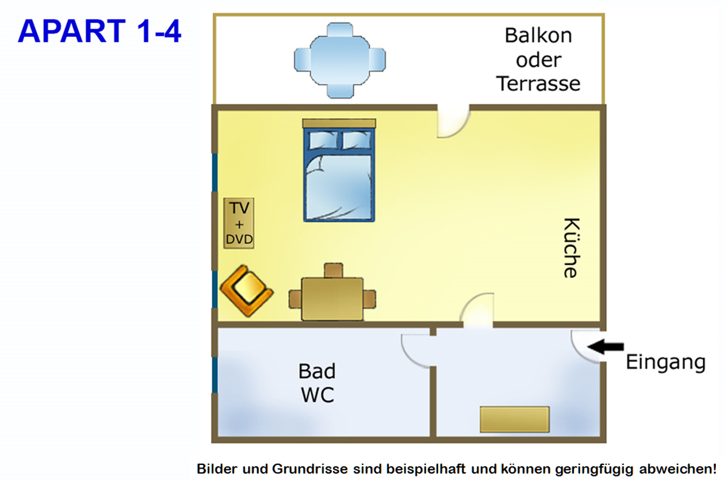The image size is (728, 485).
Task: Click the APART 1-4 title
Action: click(99, 32)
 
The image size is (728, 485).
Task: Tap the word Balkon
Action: click(538, 35)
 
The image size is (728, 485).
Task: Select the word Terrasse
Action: click(538, 83)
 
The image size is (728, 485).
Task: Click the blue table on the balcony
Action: click(340, 60)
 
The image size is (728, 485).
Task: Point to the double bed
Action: click(339, 176)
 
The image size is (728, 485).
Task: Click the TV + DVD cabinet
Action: click(239, 223)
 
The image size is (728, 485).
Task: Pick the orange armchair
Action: click(246, 290)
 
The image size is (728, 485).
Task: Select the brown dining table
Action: click(332, 298)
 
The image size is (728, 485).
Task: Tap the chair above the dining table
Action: click(333, 270)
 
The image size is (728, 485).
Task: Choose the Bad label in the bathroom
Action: click(317, 370)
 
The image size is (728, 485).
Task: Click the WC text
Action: click(317, 395)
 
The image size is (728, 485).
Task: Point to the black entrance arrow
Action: click(606, 346)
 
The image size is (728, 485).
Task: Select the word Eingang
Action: click(666, 363)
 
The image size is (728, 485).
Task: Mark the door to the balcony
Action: click(453, 122)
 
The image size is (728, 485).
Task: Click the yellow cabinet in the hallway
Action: click(514, 419)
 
